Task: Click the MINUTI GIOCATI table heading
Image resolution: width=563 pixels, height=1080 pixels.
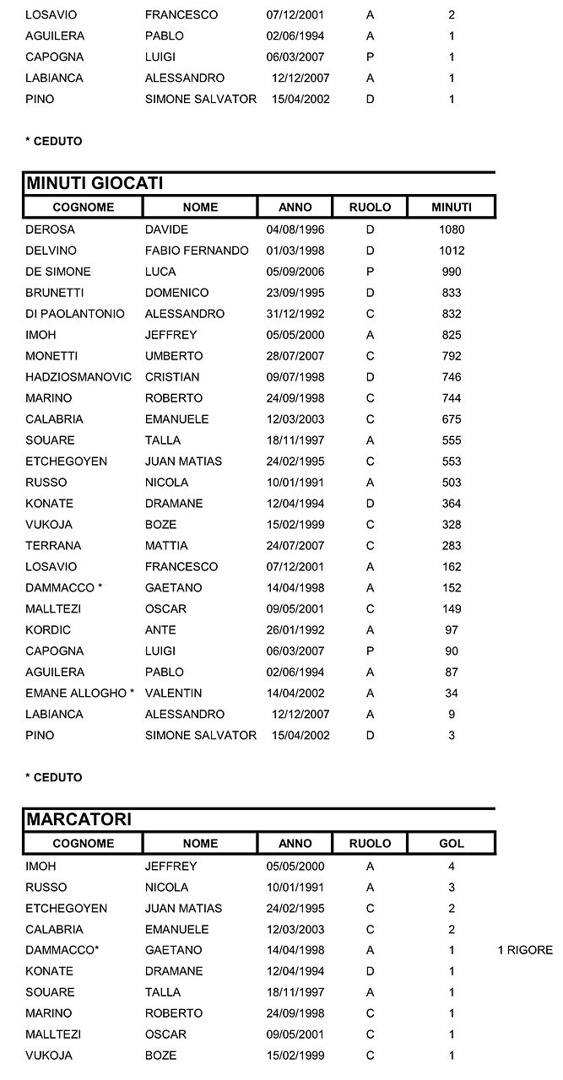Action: (x=95, y=184)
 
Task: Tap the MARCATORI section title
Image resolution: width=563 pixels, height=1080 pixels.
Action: (x=79, y=819)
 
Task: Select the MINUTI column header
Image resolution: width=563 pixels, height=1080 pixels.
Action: (x=452, y=207)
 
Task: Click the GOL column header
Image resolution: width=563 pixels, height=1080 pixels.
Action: (x=452, y=843)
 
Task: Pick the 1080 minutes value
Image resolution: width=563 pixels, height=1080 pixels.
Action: (x=452, y=229)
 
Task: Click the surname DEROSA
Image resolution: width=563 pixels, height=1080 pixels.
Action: (x=50, y=229)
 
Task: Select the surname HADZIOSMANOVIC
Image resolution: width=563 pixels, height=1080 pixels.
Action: (x=78, y=377)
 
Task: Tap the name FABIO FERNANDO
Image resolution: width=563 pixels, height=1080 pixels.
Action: (x=197, y=251)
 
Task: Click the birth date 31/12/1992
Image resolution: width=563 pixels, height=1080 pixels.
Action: (x=295, y=314)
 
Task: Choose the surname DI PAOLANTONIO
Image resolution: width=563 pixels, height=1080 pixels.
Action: (x=75, y=314)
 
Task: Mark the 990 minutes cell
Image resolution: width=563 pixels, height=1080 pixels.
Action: (x=452, y=272)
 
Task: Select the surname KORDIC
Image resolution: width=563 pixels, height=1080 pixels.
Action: (x=48, y=630)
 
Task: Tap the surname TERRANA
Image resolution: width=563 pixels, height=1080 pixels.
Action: (x=51, y=546)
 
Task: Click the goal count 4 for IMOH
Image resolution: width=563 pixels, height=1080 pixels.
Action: (x=452, y=866)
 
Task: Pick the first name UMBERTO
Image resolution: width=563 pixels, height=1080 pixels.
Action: (x=174, y=356)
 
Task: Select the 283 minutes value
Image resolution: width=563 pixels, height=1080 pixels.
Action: (x=452, y=546)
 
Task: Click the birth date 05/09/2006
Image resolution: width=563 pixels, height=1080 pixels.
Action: (x=295, y=272)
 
